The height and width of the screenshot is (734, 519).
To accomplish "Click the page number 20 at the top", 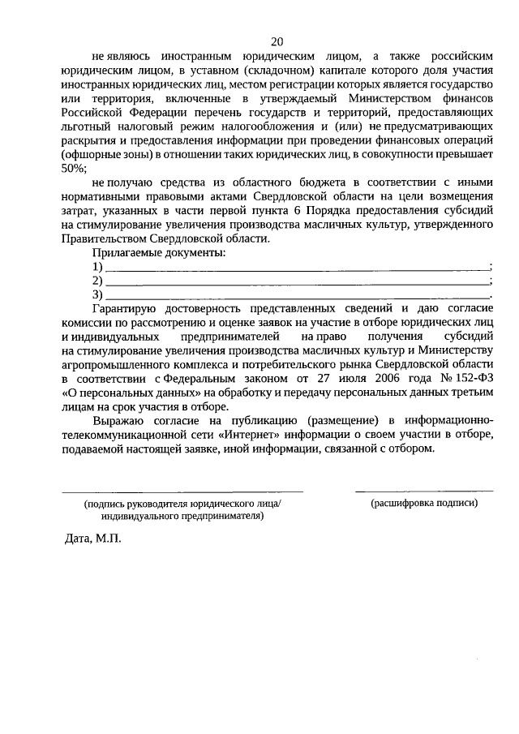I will tap(277, 41).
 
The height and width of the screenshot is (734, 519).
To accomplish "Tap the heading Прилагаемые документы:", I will tap(159, 253).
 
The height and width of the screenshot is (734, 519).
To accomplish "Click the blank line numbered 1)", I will tap(298, 268).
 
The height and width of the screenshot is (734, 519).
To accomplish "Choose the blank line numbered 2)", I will tap(298, 281).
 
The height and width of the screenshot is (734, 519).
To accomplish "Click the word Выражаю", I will tap(118, 419).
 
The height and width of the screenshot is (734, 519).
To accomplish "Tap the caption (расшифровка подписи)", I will tap(424, 503).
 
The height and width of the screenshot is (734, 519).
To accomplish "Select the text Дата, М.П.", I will tap(92, 540).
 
